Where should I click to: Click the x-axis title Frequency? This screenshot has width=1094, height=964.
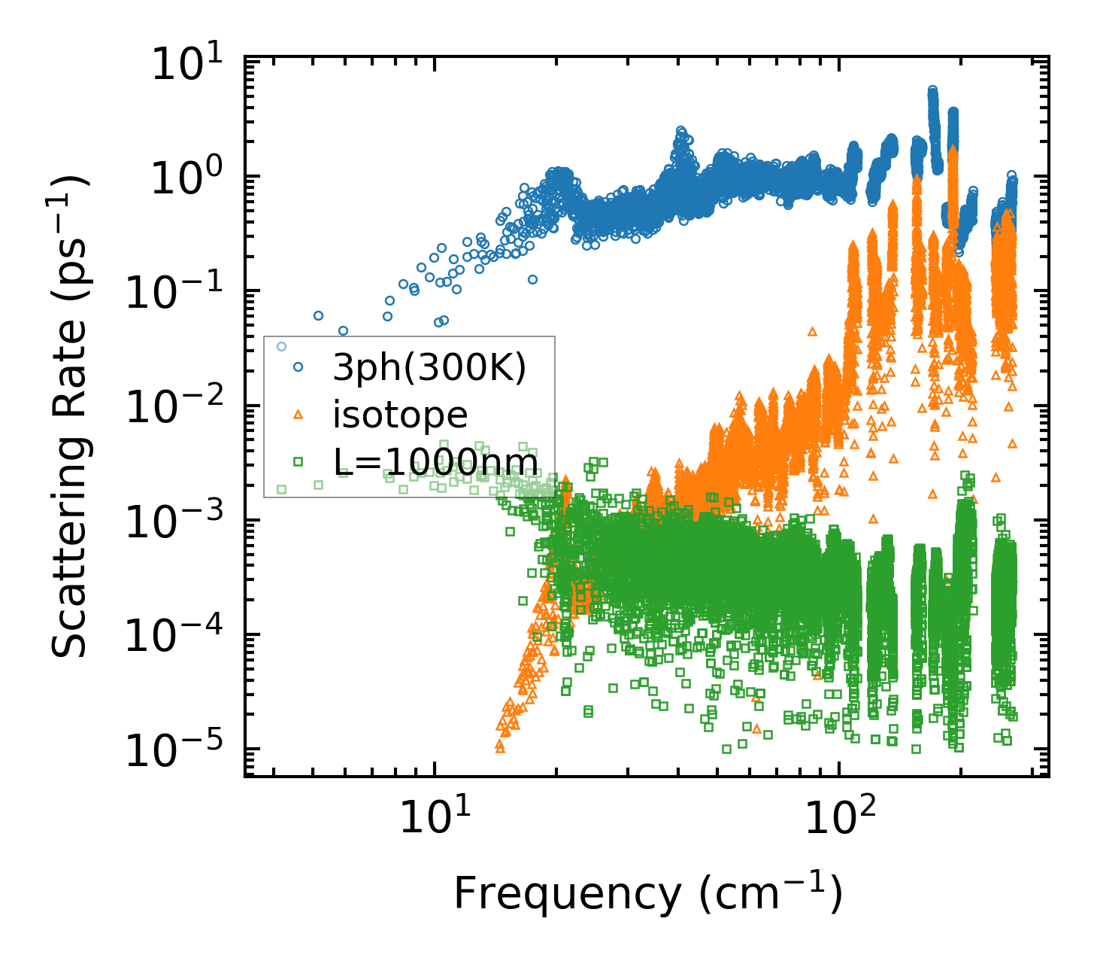click(x=647, y=894)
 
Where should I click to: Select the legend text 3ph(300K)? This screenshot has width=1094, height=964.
click(x=429, y=368)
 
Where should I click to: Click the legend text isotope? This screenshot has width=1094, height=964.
click(x=400, y=415)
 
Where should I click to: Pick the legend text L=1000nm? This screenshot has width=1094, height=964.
click(x=435, y=461)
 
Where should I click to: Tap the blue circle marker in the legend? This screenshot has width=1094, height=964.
click(x=299, y=367)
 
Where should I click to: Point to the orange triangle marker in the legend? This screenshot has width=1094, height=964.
click(x=299, y=414)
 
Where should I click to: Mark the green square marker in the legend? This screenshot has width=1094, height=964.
click(x=299, y=461)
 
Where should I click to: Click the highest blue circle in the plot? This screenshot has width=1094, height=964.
click(x=932, y=90)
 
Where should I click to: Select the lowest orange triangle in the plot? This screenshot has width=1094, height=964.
click(x=500, y=748)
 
